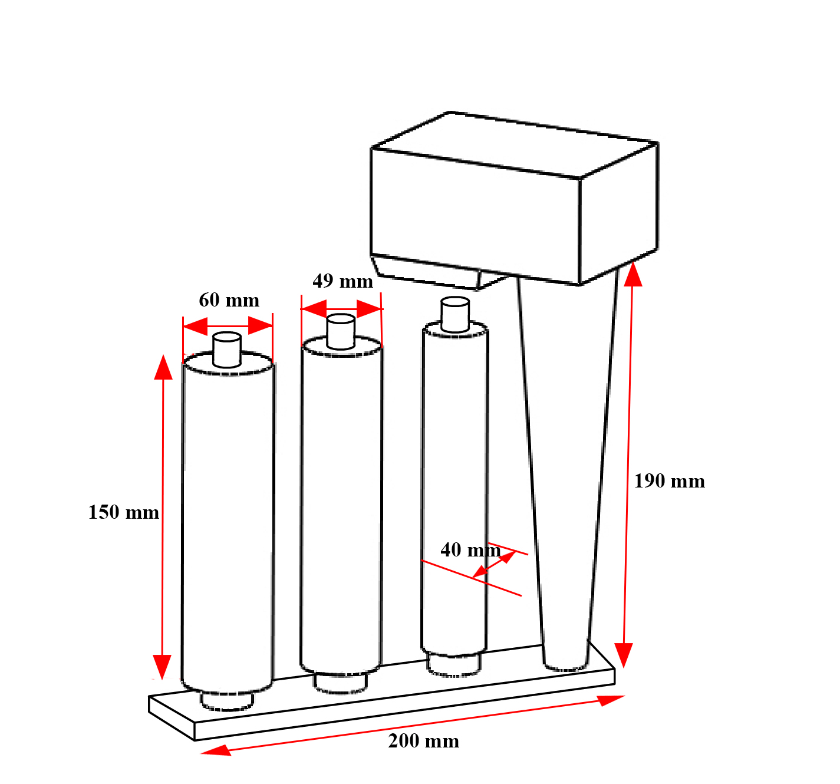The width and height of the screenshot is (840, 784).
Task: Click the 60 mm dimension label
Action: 229,300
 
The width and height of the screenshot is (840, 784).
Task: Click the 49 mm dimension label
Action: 342,281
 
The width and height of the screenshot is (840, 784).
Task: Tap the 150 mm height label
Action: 124,512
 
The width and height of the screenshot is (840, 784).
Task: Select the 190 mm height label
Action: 669,481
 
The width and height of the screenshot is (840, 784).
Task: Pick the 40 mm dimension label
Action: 470,550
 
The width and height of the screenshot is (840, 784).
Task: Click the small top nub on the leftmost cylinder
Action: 227,350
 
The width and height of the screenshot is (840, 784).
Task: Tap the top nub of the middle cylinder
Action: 341,332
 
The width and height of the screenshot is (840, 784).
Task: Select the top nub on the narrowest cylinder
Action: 454,314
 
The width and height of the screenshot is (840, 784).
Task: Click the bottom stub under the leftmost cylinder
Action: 227,701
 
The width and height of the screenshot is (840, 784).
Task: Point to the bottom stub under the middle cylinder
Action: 341,684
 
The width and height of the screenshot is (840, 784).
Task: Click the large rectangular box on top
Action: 514,199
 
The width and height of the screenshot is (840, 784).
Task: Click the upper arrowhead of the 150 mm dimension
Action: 163,367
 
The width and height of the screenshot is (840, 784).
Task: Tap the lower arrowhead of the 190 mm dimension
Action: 624,655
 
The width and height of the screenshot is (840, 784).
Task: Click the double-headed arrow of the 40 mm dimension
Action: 493,564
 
